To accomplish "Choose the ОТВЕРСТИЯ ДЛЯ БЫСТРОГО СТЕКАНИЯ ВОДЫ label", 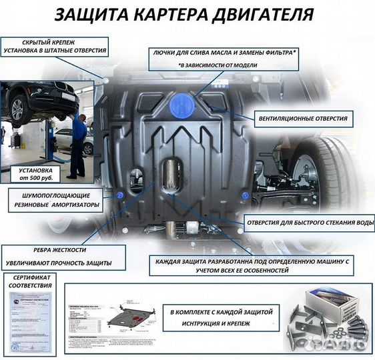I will (310, 223).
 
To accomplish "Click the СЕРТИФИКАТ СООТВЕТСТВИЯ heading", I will (31, 282).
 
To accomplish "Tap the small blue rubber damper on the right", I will (246, 195).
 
